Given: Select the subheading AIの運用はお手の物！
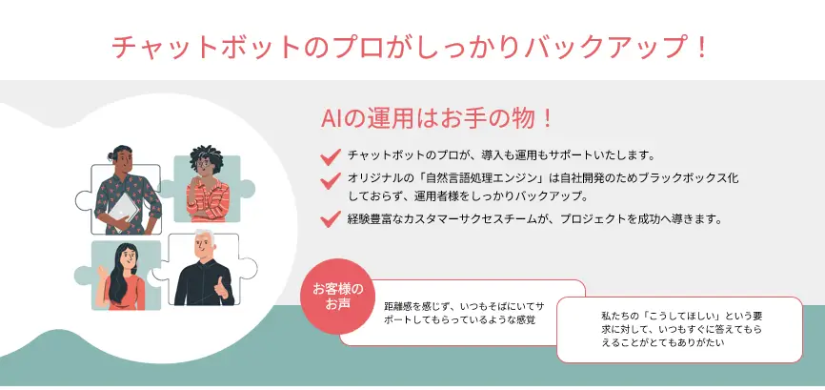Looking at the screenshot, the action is coord(436,119).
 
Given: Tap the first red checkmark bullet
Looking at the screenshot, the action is coord(331,156).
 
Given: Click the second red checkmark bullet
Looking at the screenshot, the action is coord(331,180).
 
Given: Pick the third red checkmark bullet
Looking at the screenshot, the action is coord(331,218).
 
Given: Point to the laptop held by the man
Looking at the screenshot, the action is coord(124,211).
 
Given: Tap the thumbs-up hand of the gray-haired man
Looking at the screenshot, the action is coord(221,288).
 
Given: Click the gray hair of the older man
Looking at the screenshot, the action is coord(205,236).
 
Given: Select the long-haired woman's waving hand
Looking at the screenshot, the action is coord(102,274).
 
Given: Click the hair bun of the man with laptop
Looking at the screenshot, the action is coord(111,155).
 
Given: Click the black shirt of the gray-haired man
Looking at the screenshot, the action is coord(203,282).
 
